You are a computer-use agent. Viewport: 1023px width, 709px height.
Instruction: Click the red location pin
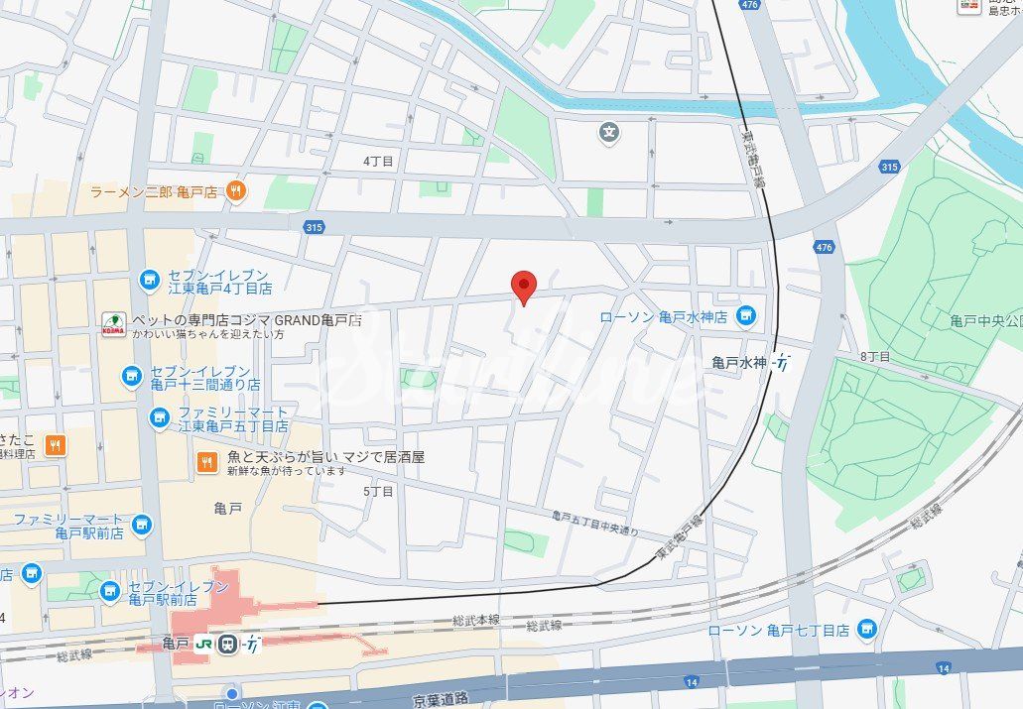(x=524, y=287)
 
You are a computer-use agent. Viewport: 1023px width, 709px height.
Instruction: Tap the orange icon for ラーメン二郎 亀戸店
(x=236, y=191)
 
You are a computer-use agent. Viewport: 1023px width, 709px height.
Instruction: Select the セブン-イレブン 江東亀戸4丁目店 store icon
(x=150, y=281)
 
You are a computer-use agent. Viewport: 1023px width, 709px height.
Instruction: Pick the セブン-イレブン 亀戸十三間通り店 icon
(x=132, y=376)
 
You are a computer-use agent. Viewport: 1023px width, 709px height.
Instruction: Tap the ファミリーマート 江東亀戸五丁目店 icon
(x=159, y=418)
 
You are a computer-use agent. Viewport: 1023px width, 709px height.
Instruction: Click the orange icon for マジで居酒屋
(x=207, y=461)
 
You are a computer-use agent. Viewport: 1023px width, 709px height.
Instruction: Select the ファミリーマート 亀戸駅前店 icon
(x=143, y=525)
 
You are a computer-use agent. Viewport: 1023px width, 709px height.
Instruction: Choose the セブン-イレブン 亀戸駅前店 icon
(x=110, y=592)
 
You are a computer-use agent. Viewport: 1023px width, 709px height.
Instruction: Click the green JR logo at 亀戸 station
(x=205, y=644)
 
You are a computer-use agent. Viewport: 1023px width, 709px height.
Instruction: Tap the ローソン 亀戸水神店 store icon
(x=746, y=316)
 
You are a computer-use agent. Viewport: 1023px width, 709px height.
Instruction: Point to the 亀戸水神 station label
(x=739, y=363)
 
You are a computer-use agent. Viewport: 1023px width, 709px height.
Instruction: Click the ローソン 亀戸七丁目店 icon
(x=868, y=629)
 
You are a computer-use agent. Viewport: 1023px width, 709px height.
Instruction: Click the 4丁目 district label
(x=378, y=161)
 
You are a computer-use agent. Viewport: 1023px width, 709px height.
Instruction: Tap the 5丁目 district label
(x=378, y=491)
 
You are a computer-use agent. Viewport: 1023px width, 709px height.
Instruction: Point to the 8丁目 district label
(x=875, y=356)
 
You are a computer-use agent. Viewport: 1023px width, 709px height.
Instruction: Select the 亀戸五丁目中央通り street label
(x=595, y=523)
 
